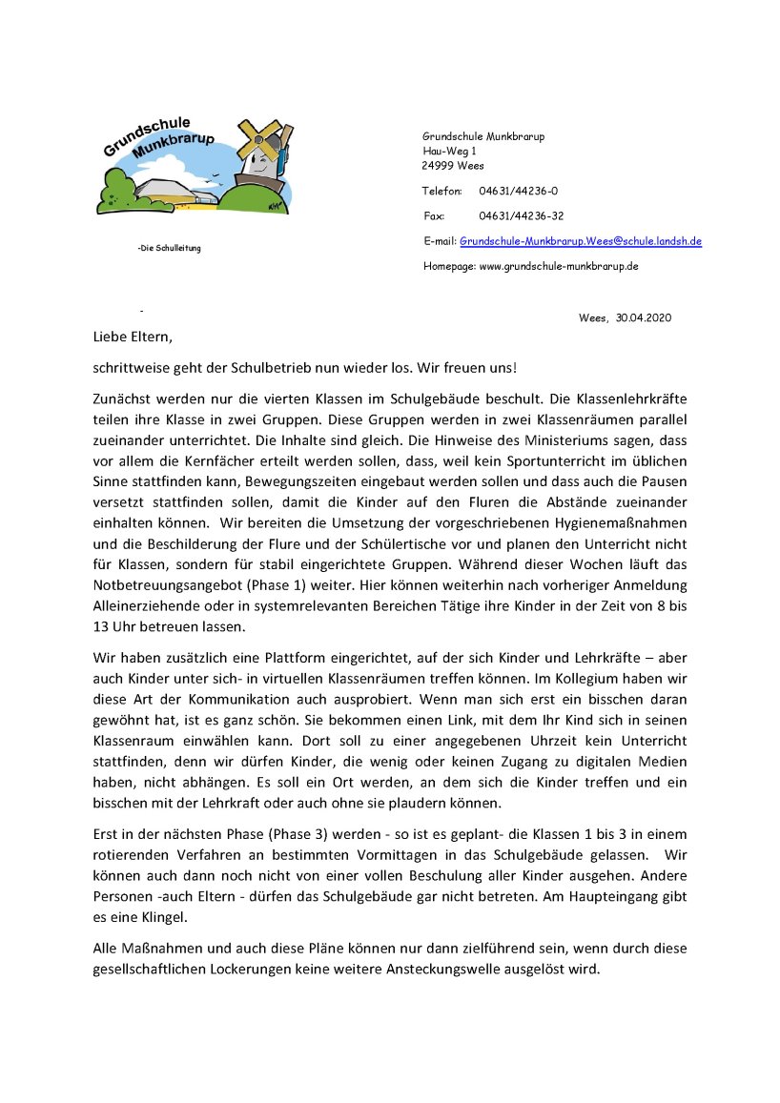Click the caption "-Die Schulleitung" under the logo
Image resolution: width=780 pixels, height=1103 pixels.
(170, 249)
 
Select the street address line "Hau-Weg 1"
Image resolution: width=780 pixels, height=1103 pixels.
(449, 151)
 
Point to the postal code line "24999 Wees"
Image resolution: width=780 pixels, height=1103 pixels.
(453, 165)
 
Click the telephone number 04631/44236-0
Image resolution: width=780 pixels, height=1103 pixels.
(519, 192)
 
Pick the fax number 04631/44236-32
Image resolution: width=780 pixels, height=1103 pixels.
(521, 216)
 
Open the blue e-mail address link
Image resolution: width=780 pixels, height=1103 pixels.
(580, 241)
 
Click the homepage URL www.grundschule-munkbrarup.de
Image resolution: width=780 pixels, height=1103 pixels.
(558, 266)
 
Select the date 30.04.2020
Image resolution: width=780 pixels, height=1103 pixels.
(644, 317)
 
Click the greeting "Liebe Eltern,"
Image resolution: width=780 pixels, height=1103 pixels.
(134, 337)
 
